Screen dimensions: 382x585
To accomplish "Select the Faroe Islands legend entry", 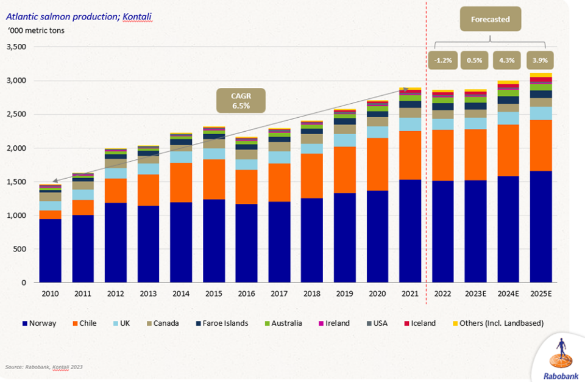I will pos(219,323).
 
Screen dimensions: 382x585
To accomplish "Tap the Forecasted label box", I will pos(491,19).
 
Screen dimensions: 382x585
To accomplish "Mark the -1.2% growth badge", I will pos(443,60).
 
